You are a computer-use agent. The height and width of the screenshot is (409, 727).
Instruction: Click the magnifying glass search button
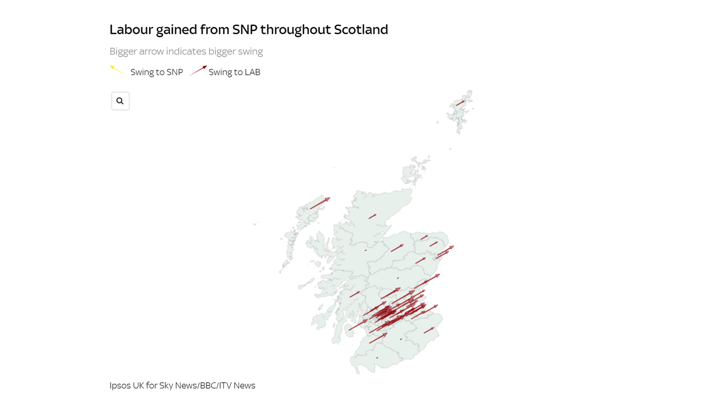(120, 101)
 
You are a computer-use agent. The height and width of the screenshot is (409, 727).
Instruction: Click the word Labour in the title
(131, 30)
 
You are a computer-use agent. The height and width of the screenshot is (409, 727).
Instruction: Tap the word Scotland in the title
(361, 30)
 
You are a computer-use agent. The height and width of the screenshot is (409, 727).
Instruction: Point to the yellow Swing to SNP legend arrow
(118, 70)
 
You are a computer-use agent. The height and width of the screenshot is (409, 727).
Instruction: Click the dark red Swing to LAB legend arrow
(198, 70)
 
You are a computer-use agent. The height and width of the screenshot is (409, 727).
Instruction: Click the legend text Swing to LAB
(234, 72)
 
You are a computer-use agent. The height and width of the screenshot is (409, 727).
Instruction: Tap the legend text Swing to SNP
(156, 72)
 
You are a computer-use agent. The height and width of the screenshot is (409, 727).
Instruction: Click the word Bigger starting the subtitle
(123, 51)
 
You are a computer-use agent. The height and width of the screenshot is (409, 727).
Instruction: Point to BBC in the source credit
(208, 385)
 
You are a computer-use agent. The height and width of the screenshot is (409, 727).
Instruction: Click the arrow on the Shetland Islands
(460, 103)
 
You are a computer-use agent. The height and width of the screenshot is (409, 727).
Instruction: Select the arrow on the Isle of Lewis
(320, 203)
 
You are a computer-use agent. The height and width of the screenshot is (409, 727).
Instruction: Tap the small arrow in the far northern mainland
(372, 216)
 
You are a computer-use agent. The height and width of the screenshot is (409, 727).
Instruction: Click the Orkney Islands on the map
(414, 170)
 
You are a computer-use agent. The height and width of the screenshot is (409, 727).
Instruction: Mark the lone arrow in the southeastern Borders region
(429, 330)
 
